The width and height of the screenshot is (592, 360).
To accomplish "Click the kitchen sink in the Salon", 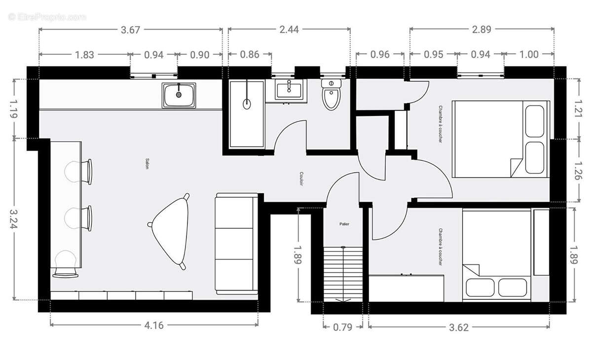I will click(x=179, y=95).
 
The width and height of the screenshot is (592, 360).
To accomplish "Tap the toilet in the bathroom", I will click(x=331, y=96).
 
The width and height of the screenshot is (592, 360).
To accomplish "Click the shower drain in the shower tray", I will click(x=247, y=104).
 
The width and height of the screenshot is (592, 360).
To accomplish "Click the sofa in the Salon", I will click(x=236, y=243).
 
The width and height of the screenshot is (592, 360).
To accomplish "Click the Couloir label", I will click(x=301, y=179).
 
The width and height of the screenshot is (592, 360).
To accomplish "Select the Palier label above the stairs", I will click(x=344, y=224).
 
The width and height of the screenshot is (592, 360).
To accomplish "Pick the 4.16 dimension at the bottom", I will click(x=154, y=325).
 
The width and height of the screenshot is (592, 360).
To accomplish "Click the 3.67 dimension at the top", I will click(x=131, y=30).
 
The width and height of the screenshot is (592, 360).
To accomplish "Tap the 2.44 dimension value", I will click(x=289, y=30).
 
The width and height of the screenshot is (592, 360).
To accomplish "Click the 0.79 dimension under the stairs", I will click(x=343, y=326).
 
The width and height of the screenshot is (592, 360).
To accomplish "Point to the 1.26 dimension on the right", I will click(x=578, y=171).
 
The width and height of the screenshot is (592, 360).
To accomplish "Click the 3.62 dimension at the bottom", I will click(x=459, y=326).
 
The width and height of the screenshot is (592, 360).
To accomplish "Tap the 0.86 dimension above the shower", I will click(x=250, y=54).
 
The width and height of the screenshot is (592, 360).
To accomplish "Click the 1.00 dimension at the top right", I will click(x=529, y=54).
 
